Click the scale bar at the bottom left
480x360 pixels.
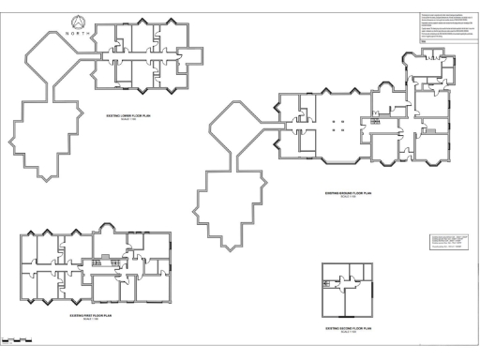click(19, 341)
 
